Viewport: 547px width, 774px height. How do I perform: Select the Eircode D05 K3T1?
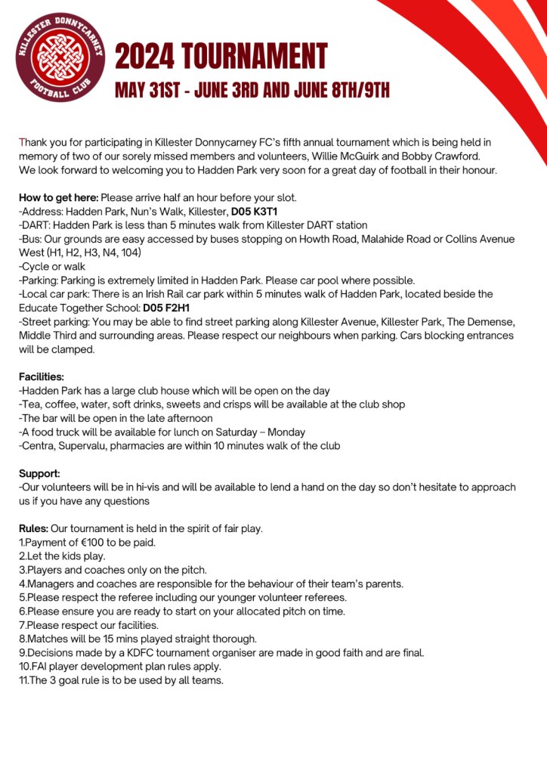pos(255,211)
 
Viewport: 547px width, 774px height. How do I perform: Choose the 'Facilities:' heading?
pos(42,376)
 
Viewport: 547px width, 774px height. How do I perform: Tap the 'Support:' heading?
pos(39,473)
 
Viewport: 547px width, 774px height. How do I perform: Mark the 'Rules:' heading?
pos(33,528)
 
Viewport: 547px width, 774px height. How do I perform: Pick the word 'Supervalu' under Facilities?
pos(84,445)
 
